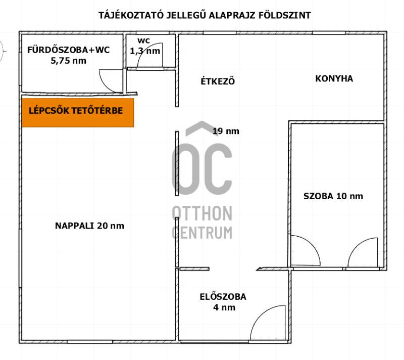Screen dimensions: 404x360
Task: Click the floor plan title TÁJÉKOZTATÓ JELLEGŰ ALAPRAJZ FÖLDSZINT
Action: point(205,15)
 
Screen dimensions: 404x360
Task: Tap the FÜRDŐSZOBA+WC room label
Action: point(69,50)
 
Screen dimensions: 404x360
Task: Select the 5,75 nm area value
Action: point(69,61)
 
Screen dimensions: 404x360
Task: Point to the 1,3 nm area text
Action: point(145,51)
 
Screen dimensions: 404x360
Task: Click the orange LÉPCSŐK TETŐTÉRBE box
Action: point(78,113)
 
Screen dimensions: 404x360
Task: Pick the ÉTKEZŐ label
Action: point(218,81)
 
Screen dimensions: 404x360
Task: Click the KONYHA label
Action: point(334,79)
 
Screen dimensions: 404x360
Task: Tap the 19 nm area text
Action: point(226,131)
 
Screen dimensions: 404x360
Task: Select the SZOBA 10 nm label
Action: point(333,196)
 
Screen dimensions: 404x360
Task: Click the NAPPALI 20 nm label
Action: point(90,226)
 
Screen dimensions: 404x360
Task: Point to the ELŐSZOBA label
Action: point(223,297)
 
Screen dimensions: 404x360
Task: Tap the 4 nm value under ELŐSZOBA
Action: point(224,307)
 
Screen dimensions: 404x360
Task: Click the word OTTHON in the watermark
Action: point(202,213)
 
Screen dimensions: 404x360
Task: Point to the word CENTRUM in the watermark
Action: point(202,233)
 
